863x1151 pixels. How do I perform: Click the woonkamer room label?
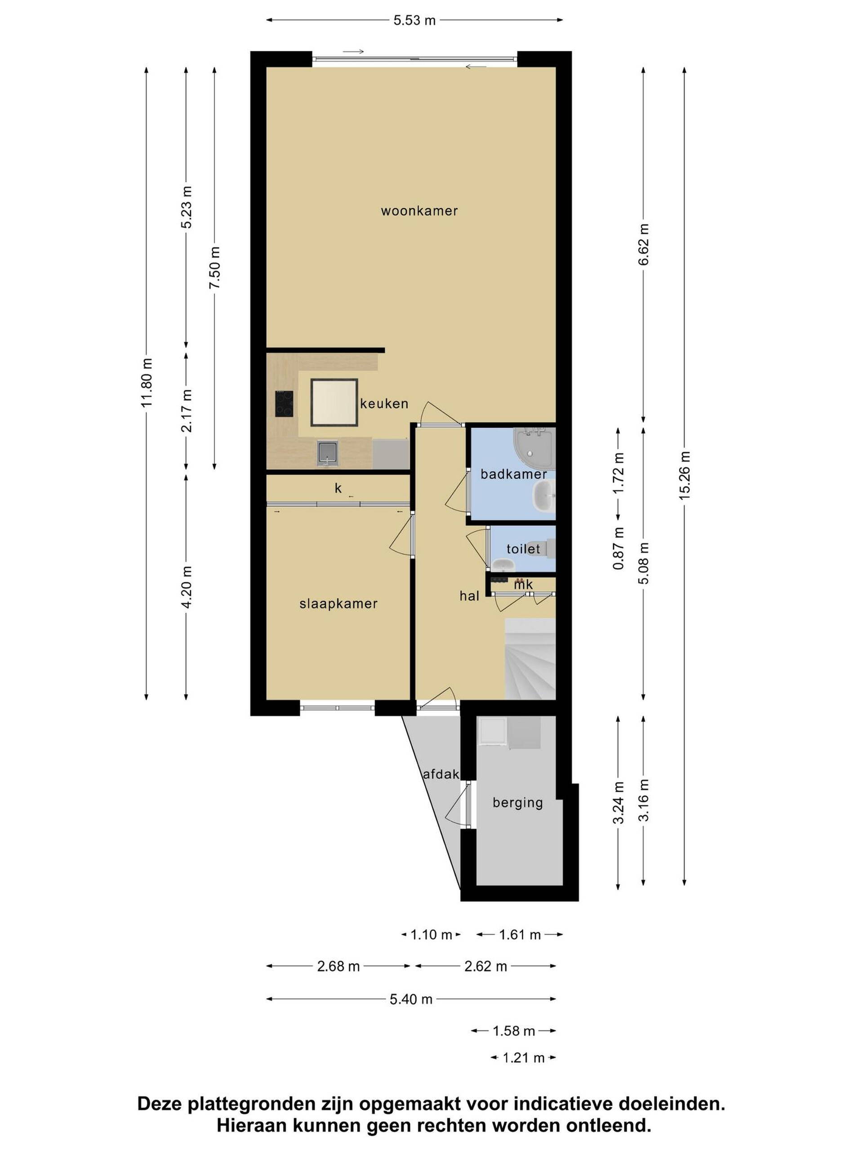419,211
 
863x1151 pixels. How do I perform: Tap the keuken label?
384,403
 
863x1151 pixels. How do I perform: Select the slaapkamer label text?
338,603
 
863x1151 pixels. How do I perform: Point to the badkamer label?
513,474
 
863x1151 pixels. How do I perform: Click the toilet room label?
523,549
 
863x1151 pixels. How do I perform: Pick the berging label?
518,803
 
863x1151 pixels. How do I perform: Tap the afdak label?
440,774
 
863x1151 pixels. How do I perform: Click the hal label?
469,596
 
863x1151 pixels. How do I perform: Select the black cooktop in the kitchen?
284,404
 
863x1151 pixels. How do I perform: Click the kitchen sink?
328,453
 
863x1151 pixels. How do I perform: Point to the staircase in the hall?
530,659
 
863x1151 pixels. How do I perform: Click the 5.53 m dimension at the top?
414,20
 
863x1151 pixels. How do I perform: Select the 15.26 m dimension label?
684,476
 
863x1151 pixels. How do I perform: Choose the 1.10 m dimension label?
431,935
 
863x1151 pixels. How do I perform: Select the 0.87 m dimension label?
618,548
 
